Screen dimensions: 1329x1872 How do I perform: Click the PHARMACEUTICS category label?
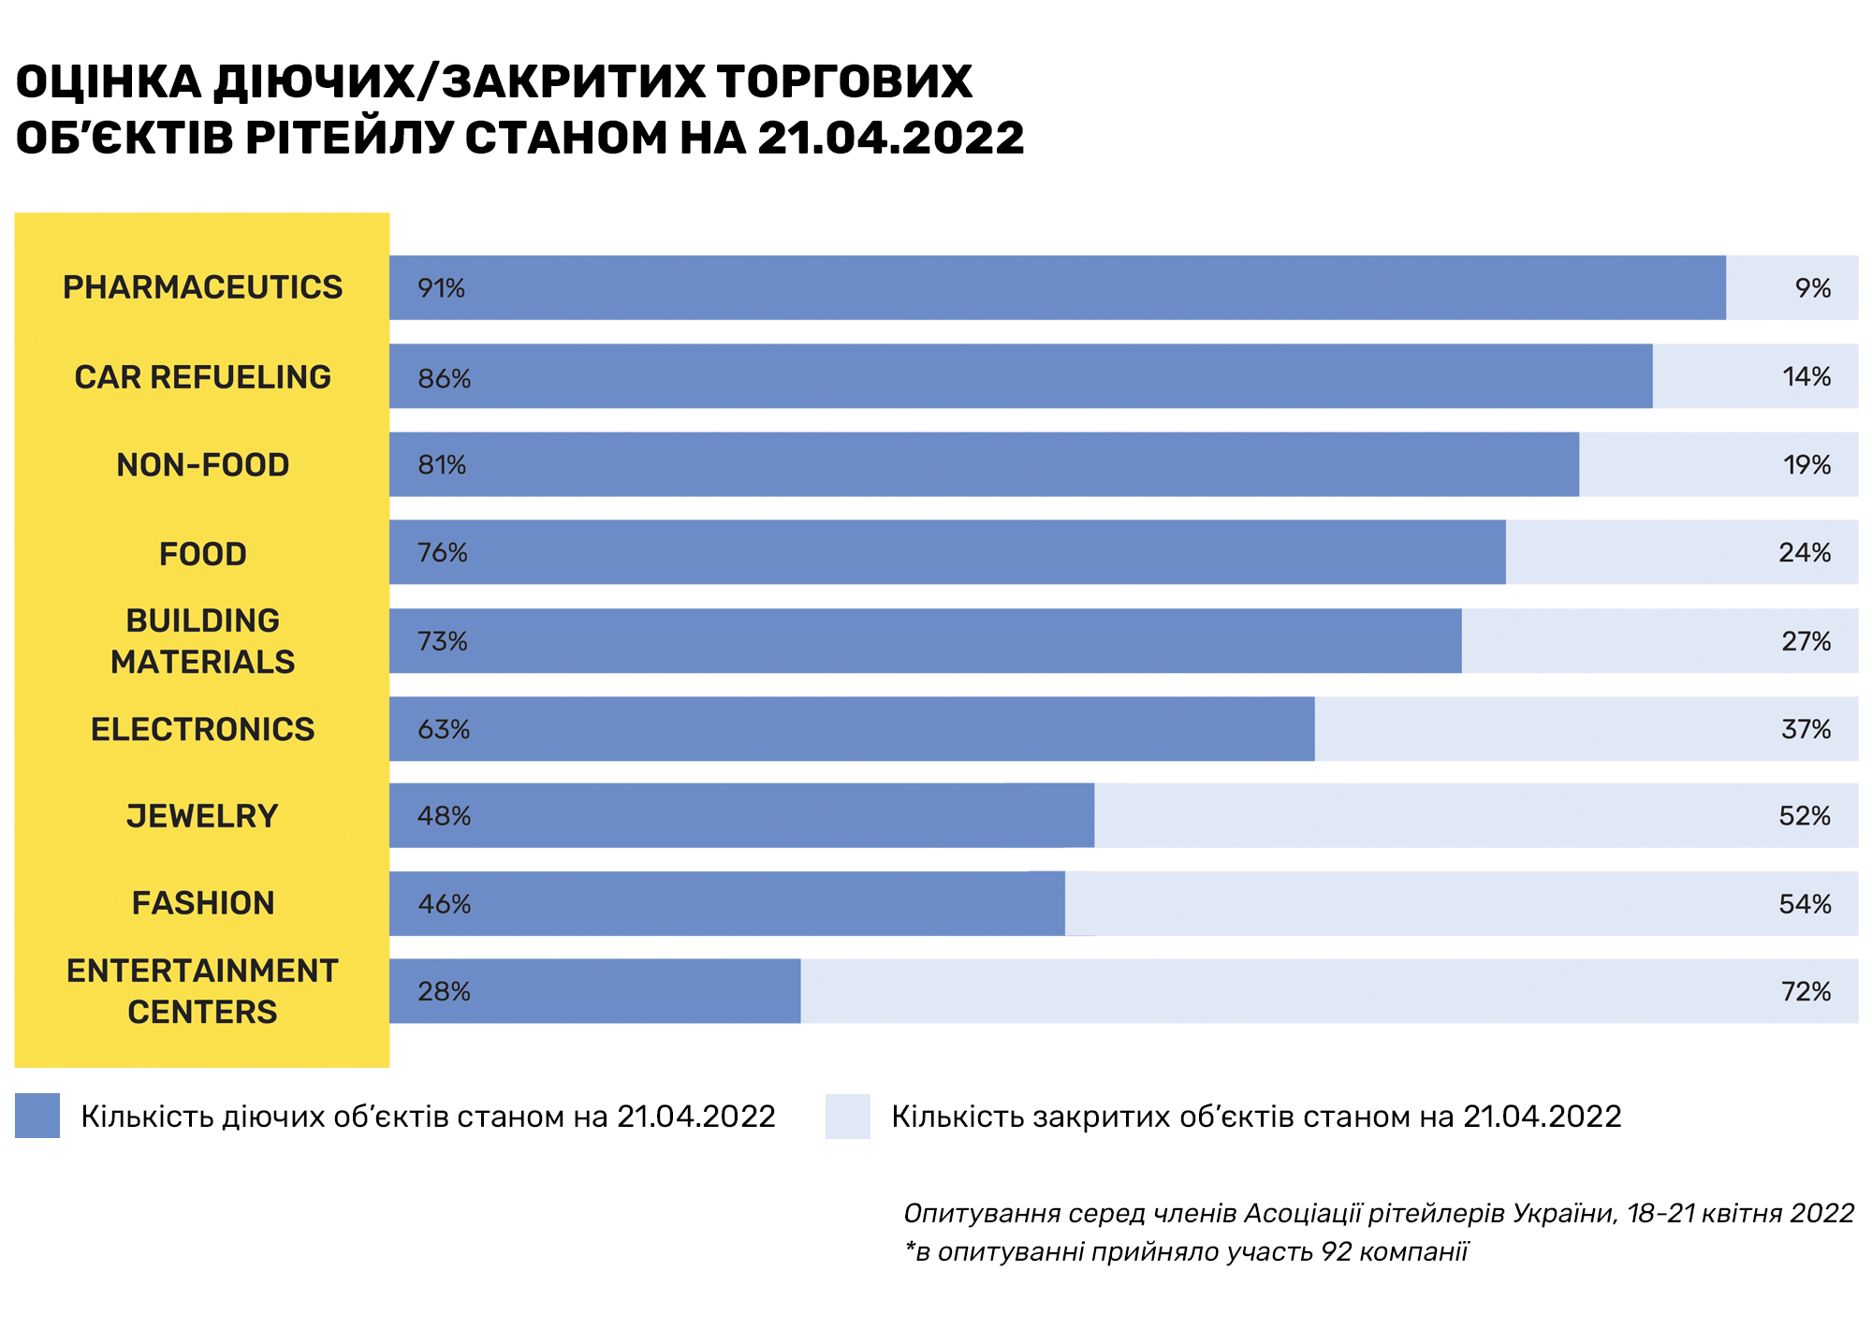pos(202,287)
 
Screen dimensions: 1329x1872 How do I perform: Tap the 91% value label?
pos(441,288)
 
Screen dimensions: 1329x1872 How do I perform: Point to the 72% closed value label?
pos(1806,991)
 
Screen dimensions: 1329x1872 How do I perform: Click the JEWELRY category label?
pos(202,816)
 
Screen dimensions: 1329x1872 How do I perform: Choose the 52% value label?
pos(1805,816)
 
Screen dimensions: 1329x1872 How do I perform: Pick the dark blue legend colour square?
pos(37,1116)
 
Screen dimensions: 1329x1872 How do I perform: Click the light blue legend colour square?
pos(847,1116)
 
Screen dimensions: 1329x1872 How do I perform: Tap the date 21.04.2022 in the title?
pos(890,139)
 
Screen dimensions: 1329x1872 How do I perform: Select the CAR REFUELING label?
pos(202,377)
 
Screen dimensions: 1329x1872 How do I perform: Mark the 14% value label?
pos(1806,377)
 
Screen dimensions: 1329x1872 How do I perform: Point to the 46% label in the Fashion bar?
pos(444,904)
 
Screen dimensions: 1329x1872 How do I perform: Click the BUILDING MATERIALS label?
pos(202,641)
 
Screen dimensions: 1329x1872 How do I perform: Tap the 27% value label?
pos(1806,641)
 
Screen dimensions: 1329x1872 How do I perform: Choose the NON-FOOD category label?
pos(202,465)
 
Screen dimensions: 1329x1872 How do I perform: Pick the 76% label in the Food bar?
pos(442,553)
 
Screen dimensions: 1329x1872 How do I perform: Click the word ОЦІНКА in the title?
pos(109,82)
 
